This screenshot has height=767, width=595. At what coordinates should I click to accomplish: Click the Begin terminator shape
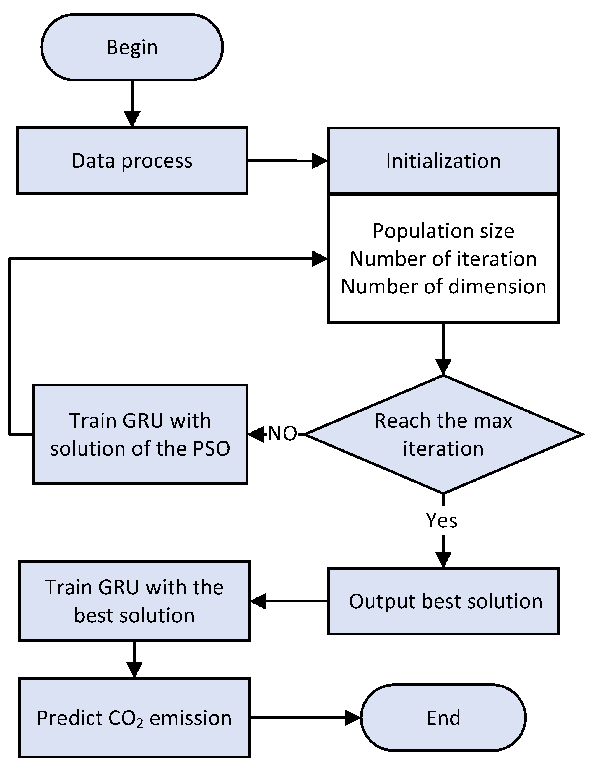(132, 47)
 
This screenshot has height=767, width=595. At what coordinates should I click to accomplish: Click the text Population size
(443, 231)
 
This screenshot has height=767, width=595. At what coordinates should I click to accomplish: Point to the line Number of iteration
(443, 259)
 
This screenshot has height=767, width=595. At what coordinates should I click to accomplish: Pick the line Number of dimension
(443, 287)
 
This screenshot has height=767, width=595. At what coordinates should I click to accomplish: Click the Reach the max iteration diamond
(443, 435)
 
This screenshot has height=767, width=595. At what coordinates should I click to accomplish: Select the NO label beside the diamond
(282, 434)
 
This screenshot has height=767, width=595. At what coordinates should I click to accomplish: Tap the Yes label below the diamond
(441, 521)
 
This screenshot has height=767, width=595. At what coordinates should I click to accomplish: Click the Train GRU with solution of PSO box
(140, 435)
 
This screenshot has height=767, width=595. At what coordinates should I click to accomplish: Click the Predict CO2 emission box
(134, 718)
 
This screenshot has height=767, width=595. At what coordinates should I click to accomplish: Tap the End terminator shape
(443, 718)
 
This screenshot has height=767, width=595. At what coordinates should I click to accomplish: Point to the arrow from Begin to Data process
(132, 102)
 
